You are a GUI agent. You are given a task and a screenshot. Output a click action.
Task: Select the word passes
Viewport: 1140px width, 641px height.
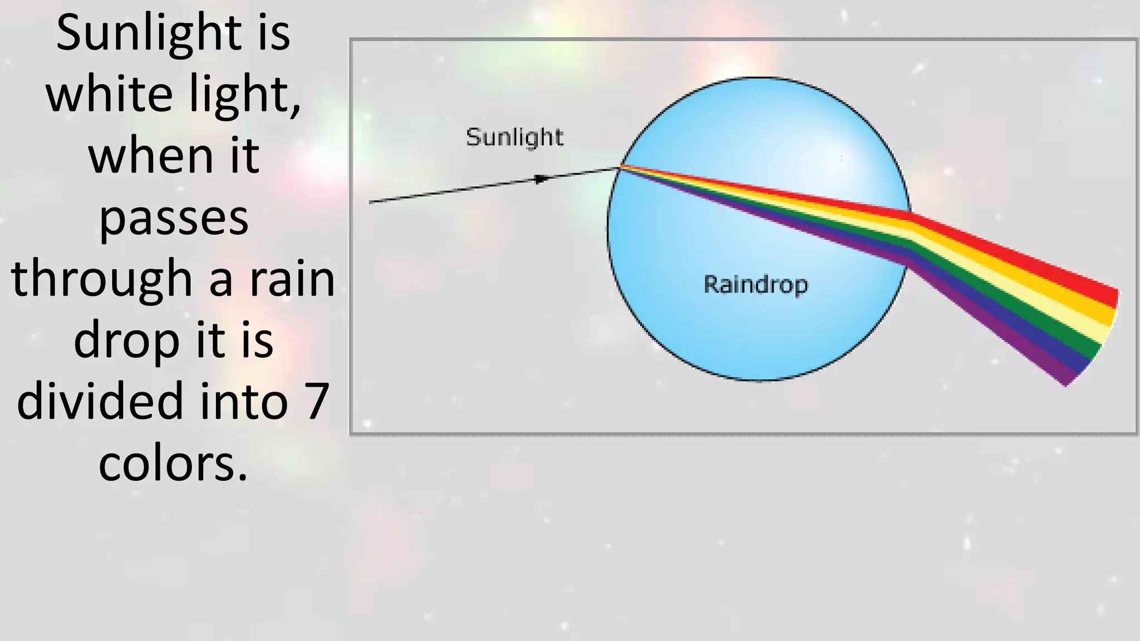[x=174, y=218]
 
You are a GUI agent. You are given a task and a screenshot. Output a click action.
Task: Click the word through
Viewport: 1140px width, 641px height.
[x=102, y=280]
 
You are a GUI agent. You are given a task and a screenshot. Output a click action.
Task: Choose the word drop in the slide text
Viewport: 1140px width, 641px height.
[x=126, y=341]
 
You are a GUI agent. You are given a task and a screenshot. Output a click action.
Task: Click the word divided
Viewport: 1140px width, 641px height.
[x=100, y=402]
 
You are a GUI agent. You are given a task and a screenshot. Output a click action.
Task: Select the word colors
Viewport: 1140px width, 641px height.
[x=173, y=464]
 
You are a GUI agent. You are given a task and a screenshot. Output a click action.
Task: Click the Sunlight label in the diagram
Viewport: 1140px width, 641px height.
[x=514, y=137]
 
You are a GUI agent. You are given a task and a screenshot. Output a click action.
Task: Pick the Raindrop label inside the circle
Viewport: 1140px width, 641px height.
[x=755, y=285]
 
